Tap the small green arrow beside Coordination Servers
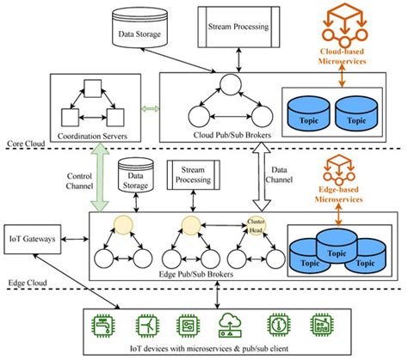pyautogui.click(x=151, y=109)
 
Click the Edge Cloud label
pyautogui.click(x=23, y=279)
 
